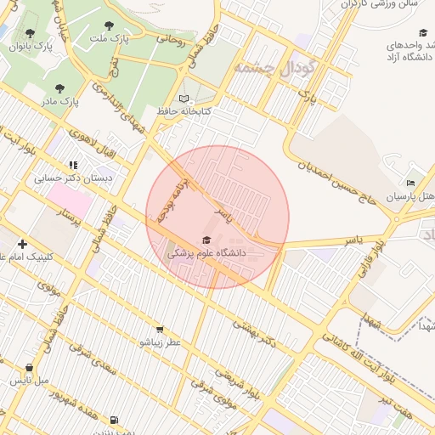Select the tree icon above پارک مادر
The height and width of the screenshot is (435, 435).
pyautogui.click(x=59, y=88)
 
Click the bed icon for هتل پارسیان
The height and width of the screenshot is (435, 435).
pyautogui.click(x=411, y=183)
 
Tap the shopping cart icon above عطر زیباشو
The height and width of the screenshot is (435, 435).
pyautogui.click(x=159, y=329)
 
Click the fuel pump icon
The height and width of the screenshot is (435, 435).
pyautogui.click(x=114, y=419)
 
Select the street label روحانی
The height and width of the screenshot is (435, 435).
pyautogui.click(x=170, y=38)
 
